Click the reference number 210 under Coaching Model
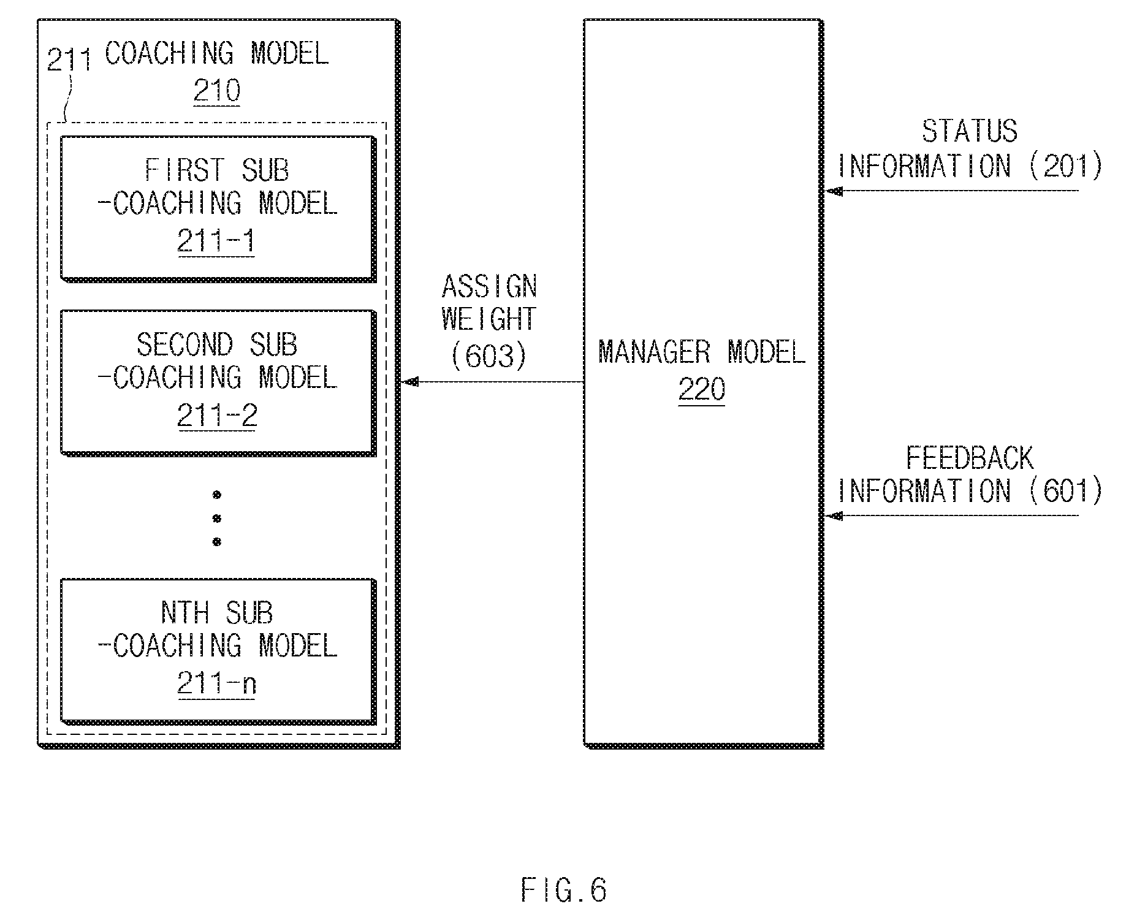pyautogui.click(x=216, y=91)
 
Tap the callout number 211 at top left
pyautogui.click(x=69, y=59)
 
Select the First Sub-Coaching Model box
pyautogui.click(x=218, y=209)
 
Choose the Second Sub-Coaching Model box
pyautogui.click(x=218, y=383)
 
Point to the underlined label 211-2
pyautogui.click(x=217, y=416)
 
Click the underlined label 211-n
pyautogui.click(x=216, y=683)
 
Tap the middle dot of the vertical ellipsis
pyautogui.click(x=216, y=519)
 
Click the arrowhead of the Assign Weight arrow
pyautogui.click(x=409, y=382)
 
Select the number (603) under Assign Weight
pyautogui.click(x=489, y=355)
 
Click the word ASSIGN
pyautogui.click(x=489, y=286)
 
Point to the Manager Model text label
pyautogui.click(x=702, y=352)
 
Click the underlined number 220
pyautogui.click(x=702, y=389)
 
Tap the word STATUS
pyautogui.click(x=970, y=131)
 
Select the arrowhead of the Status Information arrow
pyautogui.click(x=834, y=191)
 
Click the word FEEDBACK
pyautogui.click(x=970, y=457)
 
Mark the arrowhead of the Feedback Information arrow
pyautogui.click(x=834, y=516)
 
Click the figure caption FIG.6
pyautogui.click(x=564, y=890)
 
